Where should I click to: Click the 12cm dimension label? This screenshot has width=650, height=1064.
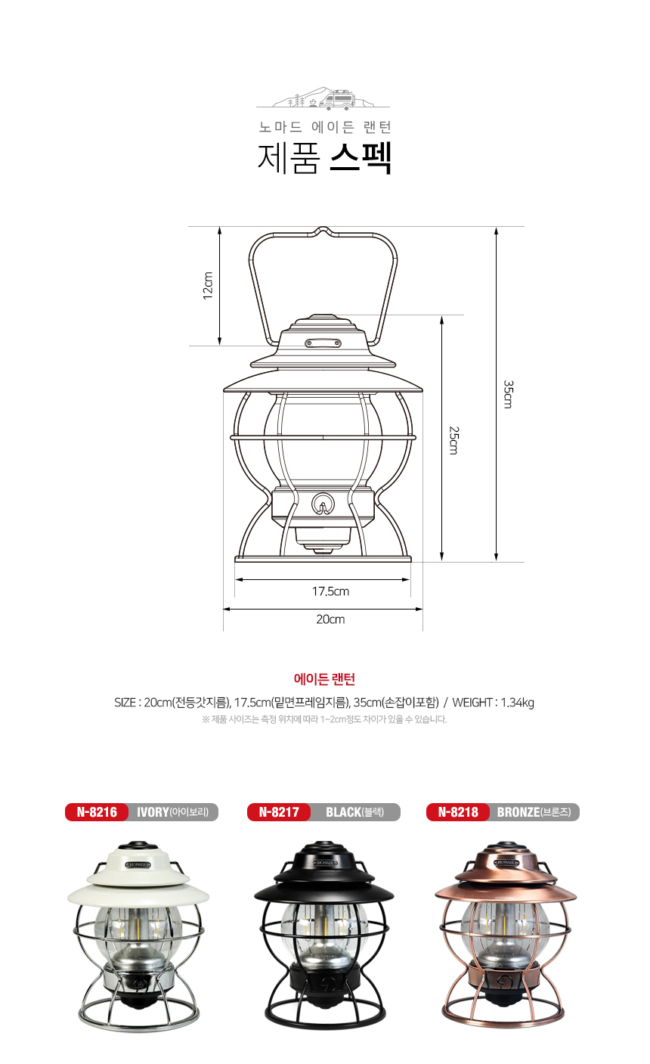pos(208,286)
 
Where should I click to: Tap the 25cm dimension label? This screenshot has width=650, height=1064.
pos(453,440)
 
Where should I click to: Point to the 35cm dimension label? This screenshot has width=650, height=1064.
pos(508,394)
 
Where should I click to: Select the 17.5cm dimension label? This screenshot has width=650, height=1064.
pos(330,591)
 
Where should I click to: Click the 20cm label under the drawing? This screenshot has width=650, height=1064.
pos(330,619)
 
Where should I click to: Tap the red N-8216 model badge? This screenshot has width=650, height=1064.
pos(97,811)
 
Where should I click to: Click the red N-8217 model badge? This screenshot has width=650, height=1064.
pos(279,811)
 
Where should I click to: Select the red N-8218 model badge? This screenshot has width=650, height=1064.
pos(458,811)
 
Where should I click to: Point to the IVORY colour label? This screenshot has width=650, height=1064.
pos(173,812)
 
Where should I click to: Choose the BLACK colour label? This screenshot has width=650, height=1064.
pos(354,812)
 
